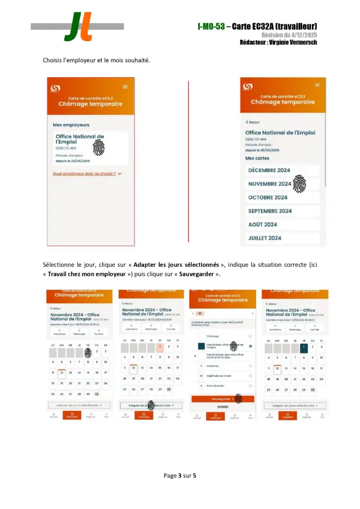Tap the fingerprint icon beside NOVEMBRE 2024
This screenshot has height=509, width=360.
pyautogui.click(x=299, y=183)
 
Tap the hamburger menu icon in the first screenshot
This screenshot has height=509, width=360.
pyautogui.click(x=125, y=87)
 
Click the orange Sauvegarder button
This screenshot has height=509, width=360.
pyautogui.click(x=222, y=398)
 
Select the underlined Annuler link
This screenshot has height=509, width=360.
pyautogui.click(x=223, y=406)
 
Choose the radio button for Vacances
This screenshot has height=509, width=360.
pyautogui.click(x=251, y=365)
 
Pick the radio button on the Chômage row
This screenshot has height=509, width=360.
pyautogui.click(x=251, y=336)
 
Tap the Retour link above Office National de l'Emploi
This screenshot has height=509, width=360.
pyautogui.click(x=253, y=122)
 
